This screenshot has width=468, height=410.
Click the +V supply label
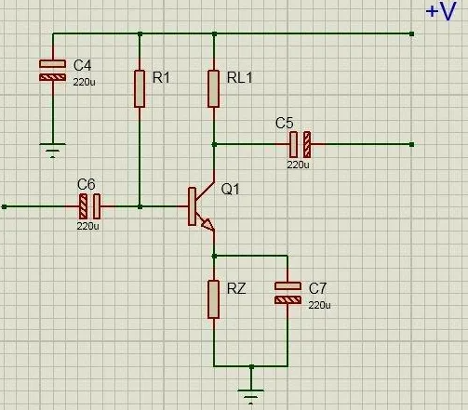[441, 11]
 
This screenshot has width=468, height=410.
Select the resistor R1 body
[140, 89]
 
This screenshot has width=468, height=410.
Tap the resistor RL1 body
[214, 89]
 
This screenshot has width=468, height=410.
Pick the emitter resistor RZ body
[214, 299]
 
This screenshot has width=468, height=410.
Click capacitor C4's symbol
[53, 71]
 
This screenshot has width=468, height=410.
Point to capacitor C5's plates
[300, 144]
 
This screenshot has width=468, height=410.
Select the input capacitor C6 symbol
[90, 206]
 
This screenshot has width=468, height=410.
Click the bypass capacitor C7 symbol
[287, 293]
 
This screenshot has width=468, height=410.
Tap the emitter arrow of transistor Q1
[207, 225]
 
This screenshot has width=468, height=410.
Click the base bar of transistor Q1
[192, 206]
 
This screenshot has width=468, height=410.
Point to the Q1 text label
[231, 189]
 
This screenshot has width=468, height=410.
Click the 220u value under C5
[298, 165]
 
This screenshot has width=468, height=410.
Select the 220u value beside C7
[319, 305]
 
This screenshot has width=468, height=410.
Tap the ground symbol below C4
[53, 151]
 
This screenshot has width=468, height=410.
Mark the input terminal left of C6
[4, 206]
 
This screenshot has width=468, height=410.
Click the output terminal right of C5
[411, 144]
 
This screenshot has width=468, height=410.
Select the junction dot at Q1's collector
[214, 144]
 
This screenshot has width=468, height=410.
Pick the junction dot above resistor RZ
[214, 256]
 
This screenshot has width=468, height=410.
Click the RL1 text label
[240, 77]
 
